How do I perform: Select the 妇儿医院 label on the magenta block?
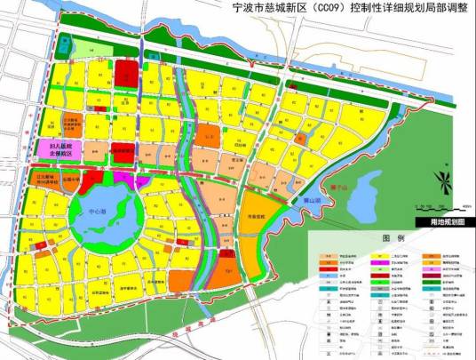pos(61,147)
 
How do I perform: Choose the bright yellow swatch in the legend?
pos(321,252)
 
